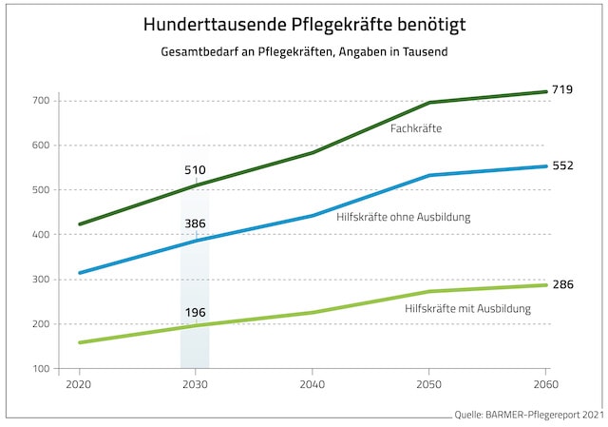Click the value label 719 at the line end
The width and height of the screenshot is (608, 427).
pyautogui.click(x=563, y=88)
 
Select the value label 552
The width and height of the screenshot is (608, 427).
pyautogui.click(x=563, y=165)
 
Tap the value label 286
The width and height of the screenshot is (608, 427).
pyautogui.click(x=563, y=284)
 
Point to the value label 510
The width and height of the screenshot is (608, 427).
pyautogui.click(x=195, y=170)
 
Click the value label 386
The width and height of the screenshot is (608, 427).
pyautogui.click(x=195, y=224)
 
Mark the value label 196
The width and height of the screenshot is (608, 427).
pyautogui.click(x=195, y=310)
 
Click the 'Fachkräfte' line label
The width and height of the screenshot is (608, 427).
pyautogui.click(x=416, y=126)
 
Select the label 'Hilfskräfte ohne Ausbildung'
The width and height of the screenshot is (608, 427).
pyautogui.click(x=404, y=218)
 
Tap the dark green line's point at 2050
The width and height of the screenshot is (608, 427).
pyautogui.click(x=428, y=103)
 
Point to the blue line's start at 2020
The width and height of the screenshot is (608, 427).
pyautogui.click(x=79, y=273)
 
